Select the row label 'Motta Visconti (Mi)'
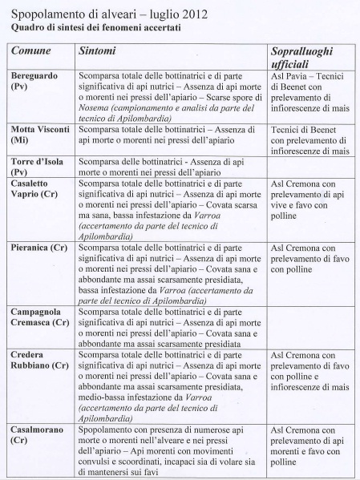(37, 134)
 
